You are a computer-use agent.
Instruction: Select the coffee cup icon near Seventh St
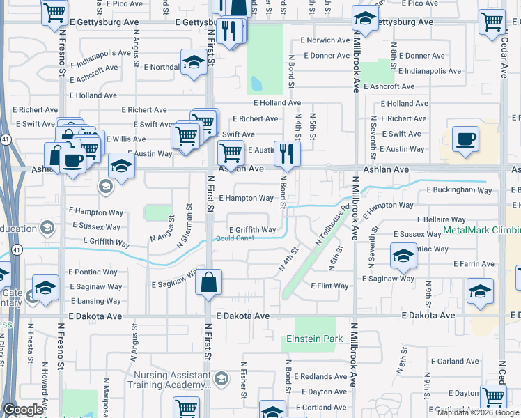[x=465, y=139]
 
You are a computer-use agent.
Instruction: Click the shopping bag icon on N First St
[x=208, y=282]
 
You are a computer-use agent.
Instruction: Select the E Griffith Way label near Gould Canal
[x=253, y=229]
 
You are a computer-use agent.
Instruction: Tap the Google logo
[x=23, y=409]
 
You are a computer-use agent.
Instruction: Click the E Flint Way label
[x=329, y=286]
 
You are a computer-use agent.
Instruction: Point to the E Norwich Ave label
[x=325, y=40]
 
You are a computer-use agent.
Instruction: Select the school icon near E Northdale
[x=194, y=63]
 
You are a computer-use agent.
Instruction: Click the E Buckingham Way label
[x=459, y=189]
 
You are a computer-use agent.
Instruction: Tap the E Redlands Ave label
[x=320, y=376]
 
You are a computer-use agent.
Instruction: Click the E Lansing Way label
[x=95, y=301]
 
